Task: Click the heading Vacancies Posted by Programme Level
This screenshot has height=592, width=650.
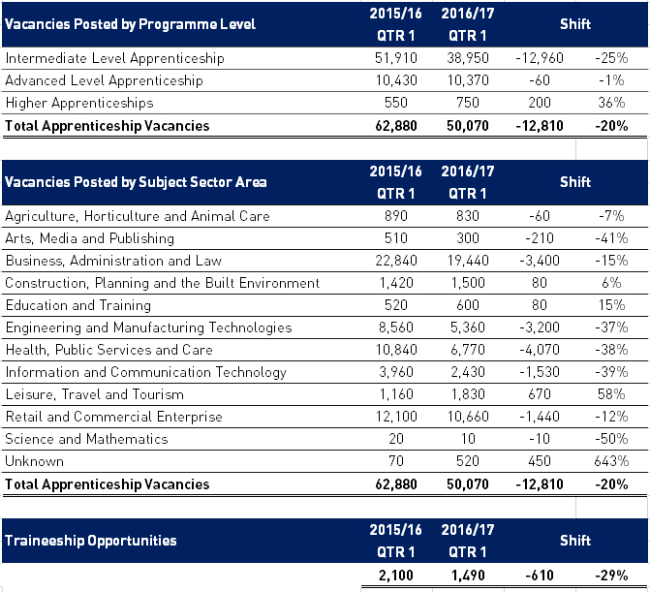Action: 130,24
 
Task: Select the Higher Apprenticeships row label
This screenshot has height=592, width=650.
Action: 79,103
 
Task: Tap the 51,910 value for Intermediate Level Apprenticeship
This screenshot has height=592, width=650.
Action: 396,58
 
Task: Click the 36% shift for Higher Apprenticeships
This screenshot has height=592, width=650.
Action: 611,103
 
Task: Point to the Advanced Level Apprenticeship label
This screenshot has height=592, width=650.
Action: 104,80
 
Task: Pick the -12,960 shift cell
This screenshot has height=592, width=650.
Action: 540,58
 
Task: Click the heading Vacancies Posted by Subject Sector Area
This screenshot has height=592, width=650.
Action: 136,182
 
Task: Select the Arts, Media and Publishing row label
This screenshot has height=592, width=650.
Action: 89,238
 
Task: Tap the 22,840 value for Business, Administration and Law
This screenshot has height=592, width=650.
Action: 396,261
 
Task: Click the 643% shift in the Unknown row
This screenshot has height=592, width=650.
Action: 611,461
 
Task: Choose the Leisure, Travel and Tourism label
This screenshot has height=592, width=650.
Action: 95,394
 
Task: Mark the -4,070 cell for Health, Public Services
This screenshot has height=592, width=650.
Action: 540,350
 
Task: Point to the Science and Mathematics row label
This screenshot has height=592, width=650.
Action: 86,439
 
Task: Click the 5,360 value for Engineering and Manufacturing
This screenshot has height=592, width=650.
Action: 468,327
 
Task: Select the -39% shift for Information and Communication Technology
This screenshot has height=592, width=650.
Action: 611,372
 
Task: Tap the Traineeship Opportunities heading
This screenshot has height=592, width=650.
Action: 91,541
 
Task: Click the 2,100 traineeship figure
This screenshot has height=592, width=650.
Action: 396,576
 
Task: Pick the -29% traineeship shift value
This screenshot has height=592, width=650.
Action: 611,576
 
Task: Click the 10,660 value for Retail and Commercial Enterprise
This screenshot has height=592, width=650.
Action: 468,417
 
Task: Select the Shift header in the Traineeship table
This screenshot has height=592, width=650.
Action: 575,541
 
